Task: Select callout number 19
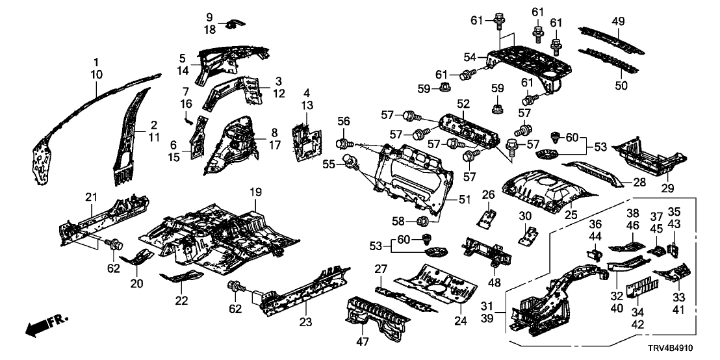pos(255,194)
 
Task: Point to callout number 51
pos(463,200)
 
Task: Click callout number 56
pos(343,122)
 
